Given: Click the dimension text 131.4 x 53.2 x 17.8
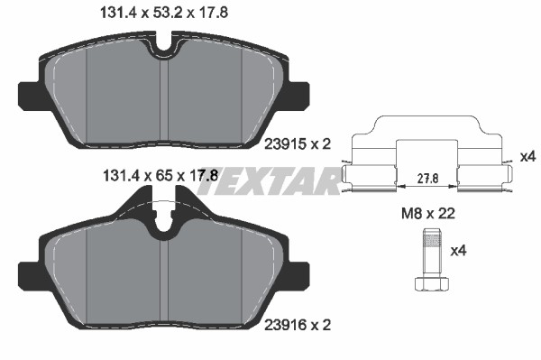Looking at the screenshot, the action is click(x=163, y=14).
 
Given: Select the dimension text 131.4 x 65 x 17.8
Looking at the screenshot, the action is click(x=160, y=176).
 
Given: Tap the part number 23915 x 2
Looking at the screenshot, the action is click(x=298, y=144).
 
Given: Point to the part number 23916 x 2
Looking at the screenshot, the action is click(x=298, y=325).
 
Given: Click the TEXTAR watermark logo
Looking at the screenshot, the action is click(x=269, y=181).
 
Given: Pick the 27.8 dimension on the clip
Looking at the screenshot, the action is click(x=427, y=179).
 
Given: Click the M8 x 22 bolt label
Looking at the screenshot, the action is click(x=428, y=214).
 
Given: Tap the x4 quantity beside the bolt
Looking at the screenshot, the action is click(x=459, y=251).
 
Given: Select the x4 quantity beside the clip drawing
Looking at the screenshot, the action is click(x=527, y=157).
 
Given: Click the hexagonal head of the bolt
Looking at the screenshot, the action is click(x=432, y=283).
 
